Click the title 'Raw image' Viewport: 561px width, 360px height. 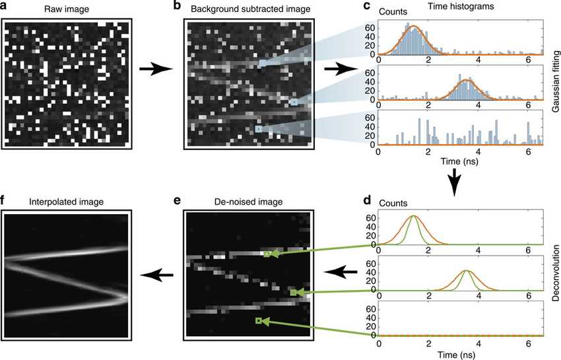[x=67, y=9]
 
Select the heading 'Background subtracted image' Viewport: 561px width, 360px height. [x=250, y=9]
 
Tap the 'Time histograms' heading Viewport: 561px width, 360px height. [x=461, y=6]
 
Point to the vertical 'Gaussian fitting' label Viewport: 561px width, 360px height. [x=556, y=81]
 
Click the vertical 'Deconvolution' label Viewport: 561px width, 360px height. [x=556, y=273]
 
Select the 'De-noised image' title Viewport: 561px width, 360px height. [x=249, y=201]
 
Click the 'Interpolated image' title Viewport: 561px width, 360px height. [x=67, y=201]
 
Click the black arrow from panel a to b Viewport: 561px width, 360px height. [x=156, y=69]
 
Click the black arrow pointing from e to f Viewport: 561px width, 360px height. [x=156, y=275]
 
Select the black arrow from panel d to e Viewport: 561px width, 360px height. [x=341, y=272]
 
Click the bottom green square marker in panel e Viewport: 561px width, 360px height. [x=258, y=320]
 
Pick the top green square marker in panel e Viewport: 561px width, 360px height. [x=266, y=254]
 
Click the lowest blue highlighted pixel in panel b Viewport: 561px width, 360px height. [x=258, y=129]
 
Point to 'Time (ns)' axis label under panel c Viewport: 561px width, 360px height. [x=459, y=162]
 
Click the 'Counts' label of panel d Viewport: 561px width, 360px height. [x=393, y=203]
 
